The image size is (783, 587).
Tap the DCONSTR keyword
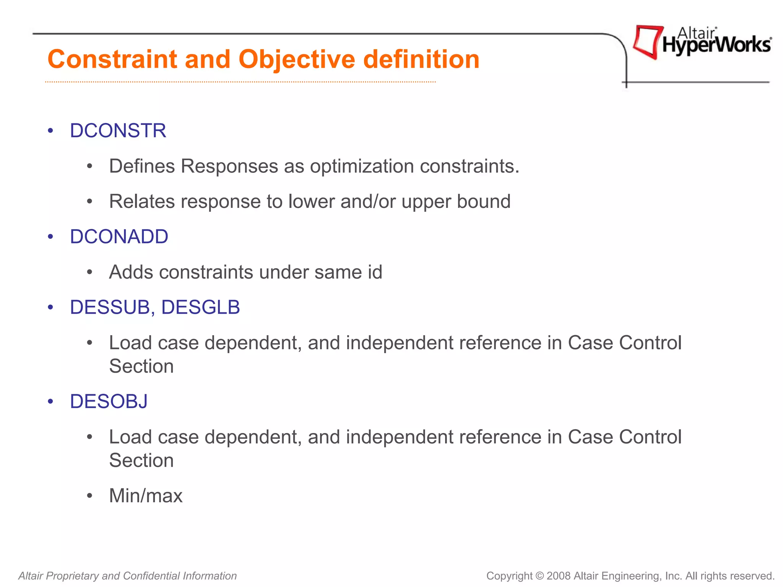pos(118,131)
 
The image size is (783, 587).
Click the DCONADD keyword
pos(119,237)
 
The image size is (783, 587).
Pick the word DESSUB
pos(110,307)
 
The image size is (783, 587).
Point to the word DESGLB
pos(201,307)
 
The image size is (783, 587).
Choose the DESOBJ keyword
pos(109,401)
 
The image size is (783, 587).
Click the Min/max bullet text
pos(146,496)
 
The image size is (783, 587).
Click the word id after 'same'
pos(375,272)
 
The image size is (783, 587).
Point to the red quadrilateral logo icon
pos(647,41)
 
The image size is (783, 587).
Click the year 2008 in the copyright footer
pos(559,576)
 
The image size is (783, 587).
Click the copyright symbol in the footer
pos(539,576)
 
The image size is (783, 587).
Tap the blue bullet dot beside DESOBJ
pos(50,402)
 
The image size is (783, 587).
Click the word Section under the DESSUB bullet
pos(141,366)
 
